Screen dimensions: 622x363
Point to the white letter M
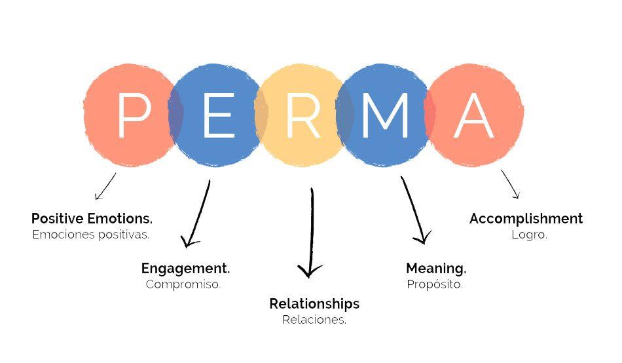pos(385,115)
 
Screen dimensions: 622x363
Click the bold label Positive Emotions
pos(92,218)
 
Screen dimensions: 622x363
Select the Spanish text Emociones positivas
pos(91,235)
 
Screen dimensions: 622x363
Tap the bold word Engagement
pos(186,269)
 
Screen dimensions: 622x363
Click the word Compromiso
pos(183,284)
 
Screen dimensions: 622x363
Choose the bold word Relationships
pos(314,304)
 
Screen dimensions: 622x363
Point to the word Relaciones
pos(314,319)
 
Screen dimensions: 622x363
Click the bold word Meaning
pos(436,269)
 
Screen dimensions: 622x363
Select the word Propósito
pos(435,284)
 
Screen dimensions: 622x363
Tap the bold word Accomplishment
pos(526,218)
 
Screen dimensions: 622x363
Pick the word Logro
pos(529,235)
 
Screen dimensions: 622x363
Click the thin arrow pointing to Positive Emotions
pos(105,186)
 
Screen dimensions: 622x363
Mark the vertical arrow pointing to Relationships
pos(312,233)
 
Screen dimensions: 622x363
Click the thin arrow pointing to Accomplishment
pos(510,184)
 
